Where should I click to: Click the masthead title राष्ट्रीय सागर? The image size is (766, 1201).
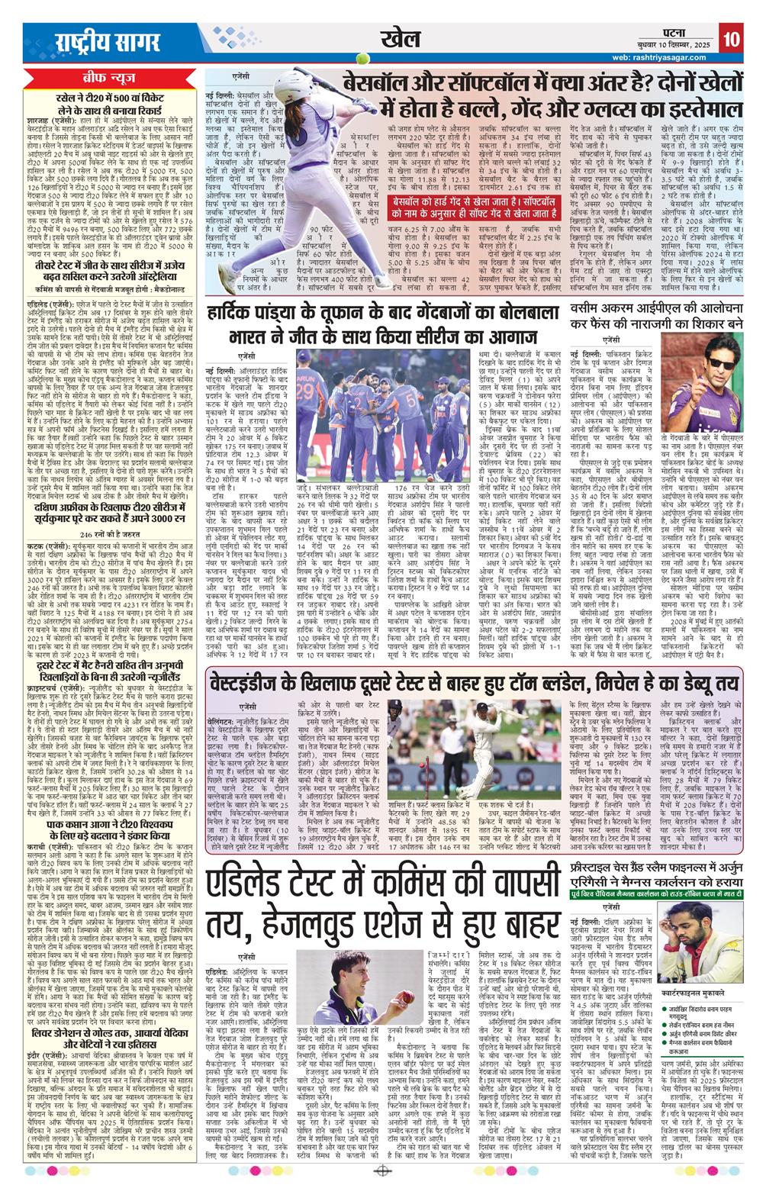tap(98, 41)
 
